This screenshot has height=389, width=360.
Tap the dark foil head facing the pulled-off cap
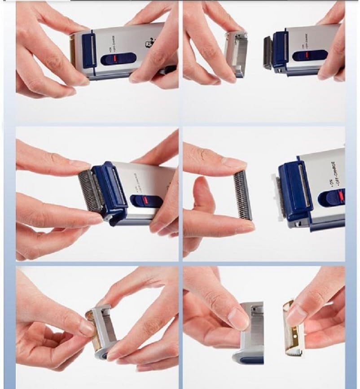(x=267, y=52)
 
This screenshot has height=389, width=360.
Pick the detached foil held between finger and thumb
(x=243, y=195)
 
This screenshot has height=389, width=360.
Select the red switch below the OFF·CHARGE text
(x=341, y=196)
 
